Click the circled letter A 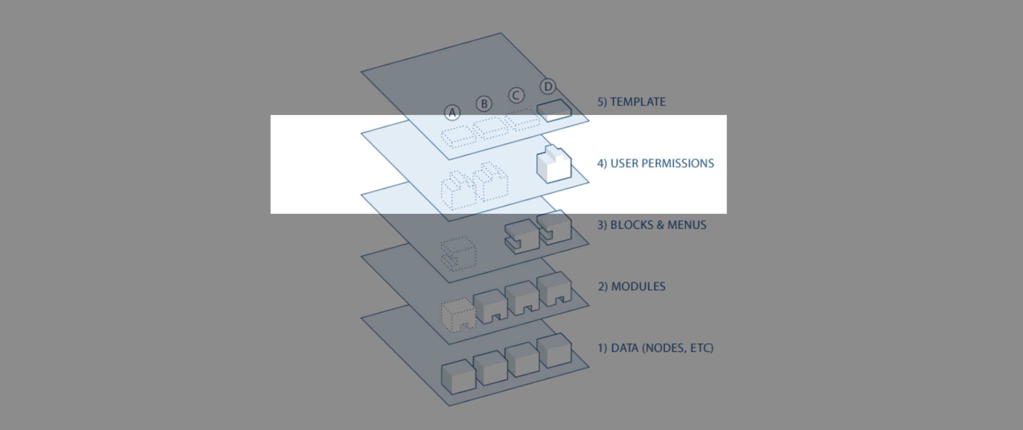click(x=452, y=113)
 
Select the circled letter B click(x=484, y=104)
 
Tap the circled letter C click(x=516, y=96)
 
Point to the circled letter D click(x=548, y=86)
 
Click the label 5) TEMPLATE click(x=631, y=102)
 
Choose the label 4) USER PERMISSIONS click(x=655, y=163)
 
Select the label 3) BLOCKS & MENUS click(x=652, y=225)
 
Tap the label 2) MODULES click(x=632, y=287)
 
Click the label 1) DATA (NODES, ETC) click(x=655, y=348)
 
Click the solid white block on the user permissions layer click(x=554, y=165)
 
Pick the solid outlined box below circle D click(x=554, y=110)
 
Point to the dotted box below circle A click(x=458, y=137)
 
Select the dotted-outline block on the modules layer click(x=458, y=315)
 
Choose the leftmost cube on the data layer click(x=458, y=376)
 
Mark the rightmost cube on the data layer click(x=554, y=350)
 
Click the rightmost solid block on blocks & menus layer click(x=554, y=227)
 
